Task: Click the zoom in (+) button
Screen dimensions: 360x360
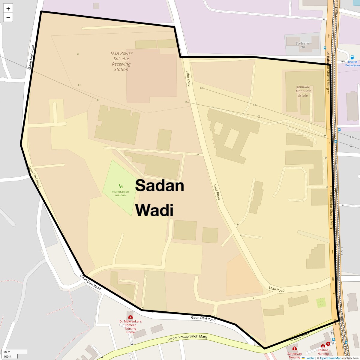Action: click(8, 9)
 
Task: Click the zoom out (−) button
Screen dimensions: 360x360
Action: click(8, 17)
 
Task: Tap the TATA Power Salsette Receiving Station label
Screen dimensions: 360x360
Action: click(121, 61)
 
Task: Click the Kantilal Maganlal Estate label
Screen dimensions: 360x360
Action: click(303, 91)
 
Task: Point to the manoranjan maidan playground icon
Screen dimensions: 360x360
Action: click(120, 186)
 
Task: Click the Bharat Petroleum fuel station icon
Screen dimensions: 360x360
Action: click(352, 57)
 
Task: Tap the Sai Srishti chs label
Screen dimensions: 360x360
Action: click(302, 45)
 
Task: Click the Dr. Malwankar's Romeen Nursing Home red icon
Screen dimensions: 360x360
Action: click(130, 317)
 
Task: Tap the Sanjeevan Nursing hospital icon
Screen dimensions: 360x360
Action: click(294, 349)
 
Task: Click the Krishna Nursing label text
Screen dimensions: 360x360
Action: click(323, 352)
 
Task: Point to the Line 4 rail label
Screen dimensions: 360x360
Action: click(341, 251)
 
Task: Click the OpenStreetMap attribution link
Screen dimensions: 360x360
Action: click(330, 358)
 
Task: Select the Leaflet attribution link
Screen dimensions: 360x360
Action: click(310, 358)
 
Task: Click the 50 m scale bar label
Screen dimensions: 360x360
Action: click(7, 352)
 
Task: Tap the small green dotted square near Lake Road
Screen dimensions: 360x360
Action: click(321, 302)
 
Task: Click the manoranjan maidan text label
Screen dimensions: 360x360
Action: click(120, 193)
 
